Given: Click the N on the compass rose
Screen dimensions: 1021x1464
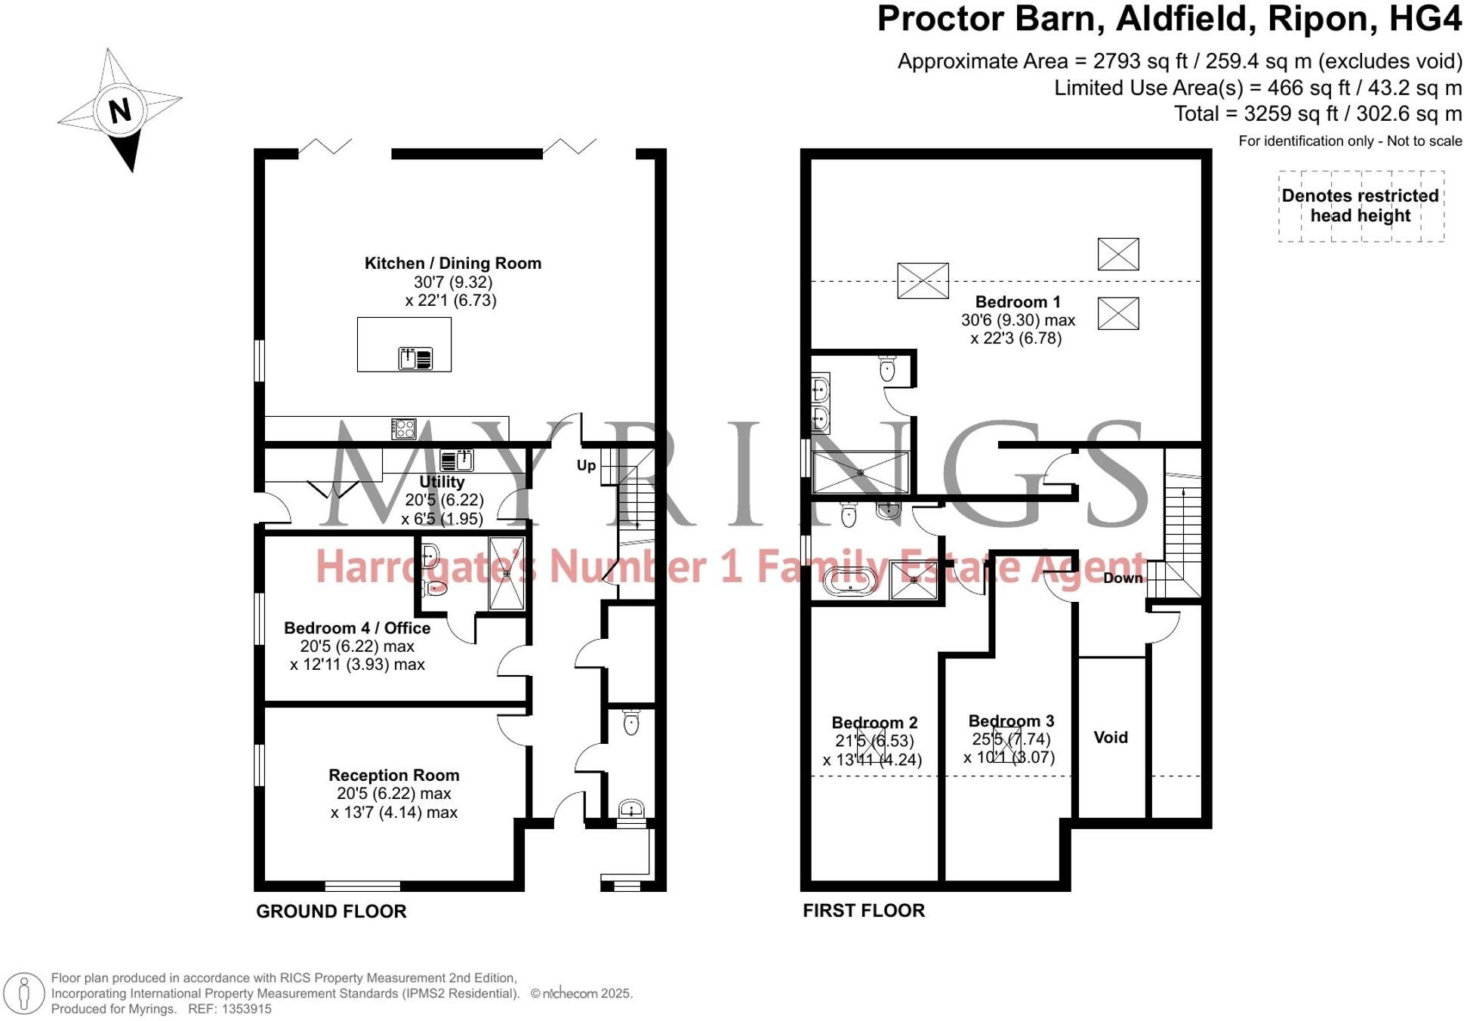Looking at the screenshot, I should (119, 110).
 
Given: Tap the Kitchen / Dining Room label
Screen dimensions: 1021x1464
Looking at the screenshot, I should (452, 264).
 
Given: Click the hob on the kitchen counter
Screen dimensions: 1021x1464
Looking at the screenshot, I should (403, 429).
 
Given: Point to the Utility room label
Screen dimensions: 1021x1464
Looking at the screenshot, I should (442, 482).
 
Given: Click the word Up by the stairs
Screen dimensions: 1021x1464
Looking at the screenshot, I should (586, 465).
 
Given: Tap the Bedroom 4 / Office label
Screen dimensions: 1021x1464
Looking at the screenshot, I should (357, 628).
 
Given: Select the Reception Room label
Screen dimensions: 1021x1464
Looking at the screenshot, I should (393, 776).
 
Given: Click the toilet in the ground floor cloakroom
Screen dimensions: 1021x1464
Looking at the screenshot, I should (631, 723).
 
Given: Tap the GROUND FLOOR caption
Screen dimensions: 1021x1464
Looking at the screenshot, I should (331, 911).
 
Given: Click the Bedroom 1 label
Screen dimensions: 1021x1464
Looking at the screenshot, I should (1017, 302).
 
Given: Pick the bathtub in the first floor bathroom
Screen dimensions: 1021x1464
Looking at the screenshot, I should (850, 582).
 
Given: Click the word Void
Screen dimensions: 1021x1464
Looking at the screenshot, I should (1110, 738).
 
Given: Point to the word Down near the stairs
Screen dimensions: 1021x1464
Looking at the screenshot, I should (1123, 578).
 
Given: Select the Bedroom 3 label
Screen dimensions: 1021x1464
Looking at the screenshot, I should (1011, 721).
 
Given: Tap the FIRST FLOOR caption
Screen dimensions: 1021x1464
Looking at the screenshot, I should (863, 911).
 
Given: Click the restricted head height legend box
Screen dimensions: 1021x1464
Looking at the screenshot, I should (1361, 206).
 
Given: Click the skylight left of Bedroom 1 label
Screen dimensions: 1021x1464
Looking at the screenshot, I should (923, 281).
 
